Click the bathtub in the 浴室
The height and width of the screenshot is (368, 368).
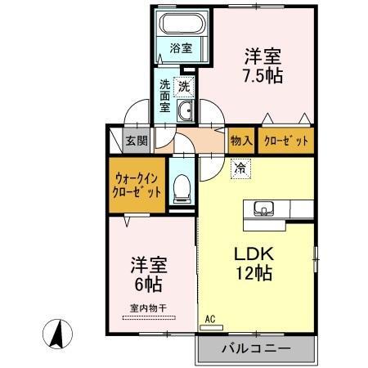point(182,24)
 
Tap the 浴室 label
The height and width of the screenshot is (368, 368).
point(181,48)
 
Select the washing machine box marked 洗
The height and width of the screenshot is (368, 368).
point(184,87)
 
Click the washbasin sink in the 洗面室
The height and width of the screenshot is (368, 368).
point(186,110)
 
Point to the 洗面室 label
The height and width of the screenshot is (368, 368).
point(165,96)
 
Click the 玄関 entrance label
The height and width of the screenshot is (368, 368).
point(137,141)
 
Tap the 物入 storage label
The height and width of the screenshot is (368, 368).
point(241,141)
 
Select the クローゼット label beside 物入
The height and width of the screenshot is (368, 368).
point(286,141)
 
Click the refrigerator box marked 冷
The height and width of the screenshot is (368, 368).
point(240,168)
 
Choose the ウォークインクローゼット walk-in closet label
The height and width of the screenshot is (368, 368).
point(137,186)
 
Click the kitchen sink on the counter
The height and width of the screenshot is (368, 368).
point(263,209)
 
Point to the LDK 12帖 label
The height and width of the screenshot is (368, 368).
point(254,263)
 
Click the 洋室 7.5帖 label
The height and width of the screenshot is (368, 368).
point(263,65)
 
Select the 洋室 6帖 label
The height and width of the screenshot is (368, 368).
point(149,274)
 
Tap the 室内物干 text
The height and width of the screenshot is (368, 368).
point(148,308)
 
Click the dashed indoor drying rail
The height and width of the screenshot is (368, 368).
point(149,317)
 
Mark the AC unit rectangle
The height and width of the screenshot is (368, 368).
point(211,328)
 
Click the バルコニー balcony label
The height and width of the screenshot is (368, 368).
point(256,348)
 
